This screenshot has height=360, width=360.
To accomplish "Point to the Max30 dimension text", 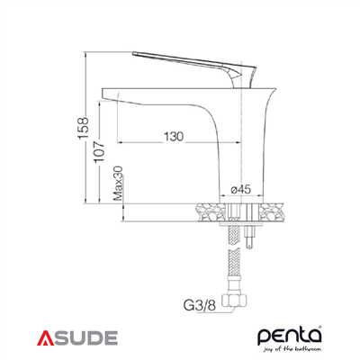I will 118,184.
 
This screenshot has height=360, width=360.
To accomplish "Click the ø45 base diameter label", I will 240,189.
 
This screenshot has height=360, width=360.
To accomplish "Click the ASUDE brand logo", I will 77,338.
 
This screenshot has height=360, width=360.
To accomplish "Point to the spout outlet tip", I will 112,93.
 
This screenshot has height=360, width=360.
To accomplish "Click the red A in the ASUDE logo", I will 46,338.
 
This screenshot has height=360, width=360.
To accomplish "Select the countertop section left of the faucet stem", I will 208,211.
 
